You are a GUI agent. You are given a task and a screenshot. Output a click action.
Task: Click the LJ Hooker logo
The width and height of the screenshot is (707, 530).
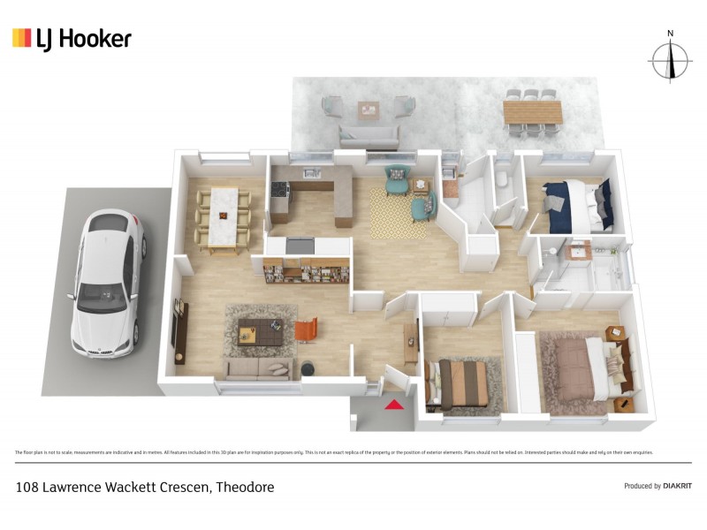72,38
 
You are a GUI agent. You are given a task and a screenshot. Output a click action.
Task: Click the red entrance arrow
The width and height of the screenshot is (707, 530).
394,405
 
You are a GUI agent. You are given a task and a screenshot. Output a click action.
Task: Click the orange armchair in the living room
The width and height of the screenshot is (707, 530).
306,330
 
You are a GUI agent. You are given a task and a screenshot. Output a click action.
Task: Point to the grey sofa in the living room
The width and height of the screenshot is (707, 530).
259,368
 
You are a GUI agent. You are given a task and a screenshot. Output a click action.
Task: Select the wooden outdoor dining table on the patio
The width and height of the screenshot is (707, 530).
532,112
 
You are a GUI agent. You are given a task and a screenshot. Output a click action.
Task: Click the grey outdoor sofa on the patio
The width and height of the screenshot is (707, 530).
369,134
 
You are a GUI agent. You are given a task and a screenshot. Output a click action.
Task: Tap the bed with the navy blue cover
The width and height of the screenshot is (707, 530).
575,200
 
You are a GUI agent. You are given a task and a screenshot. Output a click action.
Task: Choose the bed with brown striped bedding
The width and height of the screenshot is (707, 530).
460,382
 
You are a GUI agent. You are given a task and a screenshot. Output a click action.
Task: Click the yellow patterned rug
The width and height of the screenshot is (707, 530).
394,213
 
